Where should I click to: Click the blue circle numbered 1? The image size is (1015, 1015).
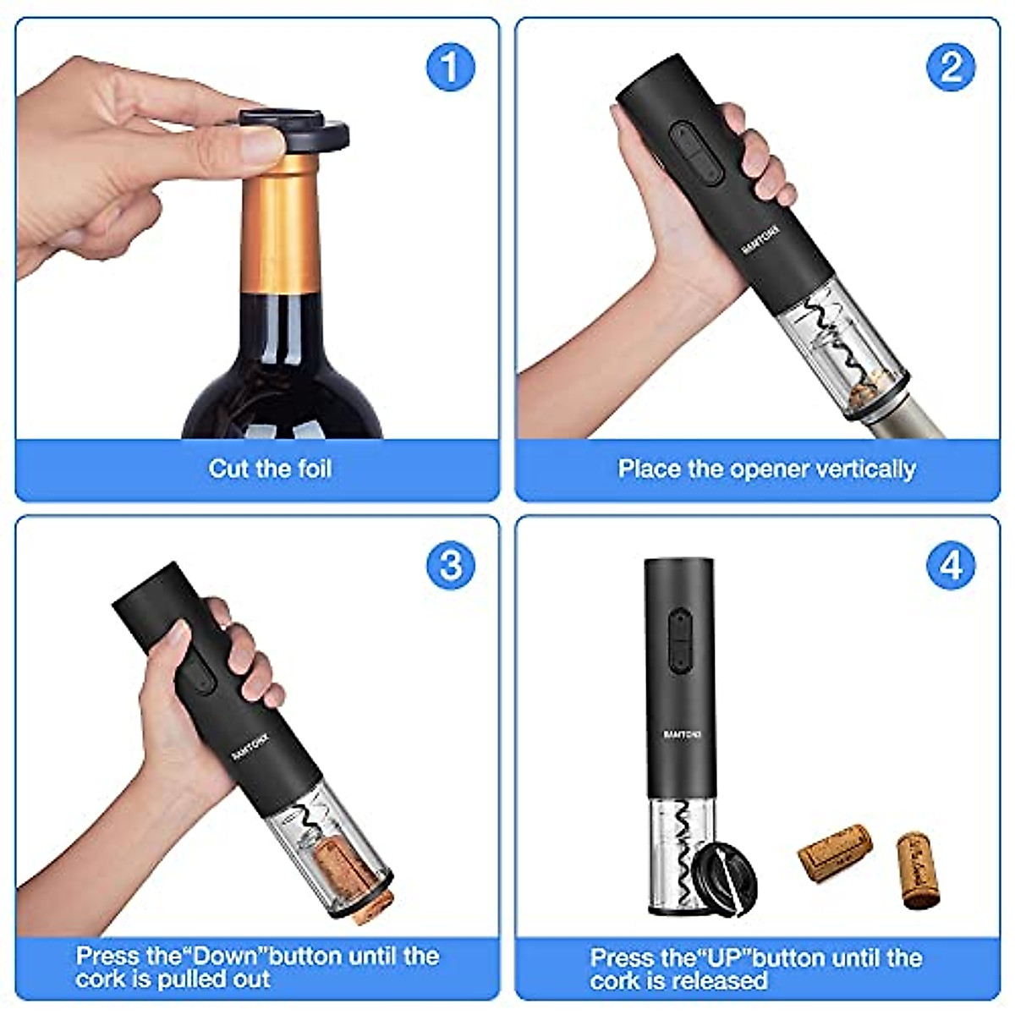(450, 67)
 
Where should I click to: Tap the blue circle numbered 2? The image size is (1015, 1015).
(952, 67)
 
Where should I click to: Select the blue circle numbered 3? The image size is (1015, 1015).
(450, 565)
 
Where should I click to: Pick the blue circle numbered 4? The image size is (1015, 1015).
(952, 565)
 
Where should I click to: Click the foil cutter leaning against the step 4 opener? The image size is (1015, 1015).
(724, 880)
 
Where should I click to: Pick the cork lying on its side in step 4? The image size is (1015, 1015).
(834, 853)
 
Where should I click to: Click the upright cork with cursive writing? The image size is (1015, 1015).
(919, 870)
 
